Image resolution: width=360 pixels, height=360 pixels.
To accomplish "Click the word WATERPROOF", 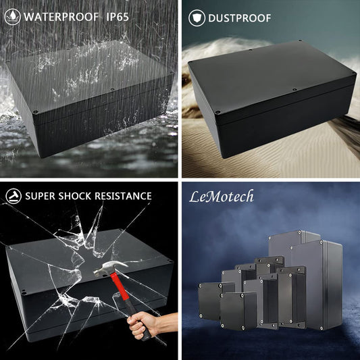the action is click(61, 17).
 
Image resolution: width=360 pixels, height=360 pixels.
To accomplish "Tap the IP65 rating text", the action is click(118, 17).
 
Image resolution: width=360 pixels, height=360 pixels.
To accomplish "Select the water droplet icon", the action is click(12, 17).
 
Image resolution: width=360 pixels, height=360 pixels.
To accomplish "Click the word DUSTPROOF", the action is click(240, 18).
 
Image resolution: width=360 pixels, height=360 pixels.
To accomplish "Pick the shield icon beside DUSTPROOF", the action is click(197, 18).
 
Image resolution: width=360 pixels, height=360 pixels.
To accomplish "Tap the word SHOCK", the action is click(75, 196).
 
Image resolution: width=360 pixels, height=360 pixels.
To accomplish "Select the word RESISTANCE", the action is click(124, 196).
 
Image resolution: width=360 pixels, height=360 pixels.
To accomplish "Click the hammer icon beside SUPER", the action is click(14, 196).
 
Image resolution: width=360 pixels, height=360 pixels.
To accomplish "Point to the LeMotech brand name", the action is click(222, 197).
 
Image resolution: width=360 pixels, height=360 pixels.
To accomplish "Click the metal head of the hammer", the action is click(109, 267).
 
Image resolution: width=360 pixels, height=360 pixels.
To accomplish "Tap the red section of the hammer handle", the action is click(120, 286).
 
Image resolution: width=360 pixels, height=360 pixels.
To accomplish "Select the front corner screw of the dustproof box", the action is click(217, 113).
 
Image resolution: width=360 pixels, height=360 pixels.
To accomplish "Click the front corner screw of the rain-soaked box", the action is click(36, 112).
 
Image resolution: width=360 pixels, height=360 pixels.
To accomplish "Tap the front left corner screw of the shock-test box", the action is click(24, 292).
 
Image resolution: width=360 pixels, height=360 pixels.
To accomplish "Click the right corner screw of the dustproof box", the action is click(353, 74).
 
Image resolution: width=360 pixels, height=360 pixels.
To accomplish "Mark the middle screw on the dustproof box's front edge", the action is click(294, 89).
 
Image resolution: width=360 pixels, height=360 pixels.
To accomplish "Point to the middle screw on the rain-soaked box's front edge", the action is click(112, 89).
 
